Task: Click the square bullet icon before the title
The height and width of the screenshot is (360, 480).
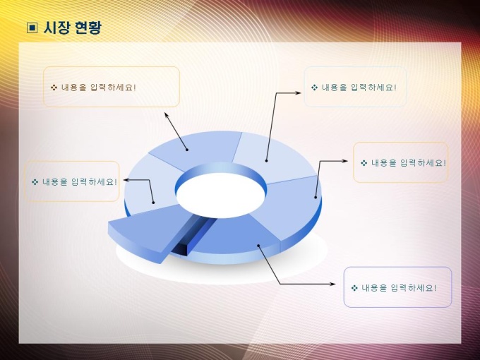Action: (x=32, y=28)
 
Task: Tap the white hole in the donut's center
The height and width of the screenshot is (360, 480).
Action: (x=220, y=196)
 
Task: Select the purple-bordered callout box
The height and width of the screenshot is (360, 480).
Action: (x=397, y=287)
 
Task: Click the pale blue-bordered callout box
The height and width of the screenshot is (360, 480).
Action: (x=355, y=87)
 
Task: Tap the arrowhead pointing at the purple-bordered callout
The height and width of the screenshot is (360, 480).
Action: (x=332, y=284)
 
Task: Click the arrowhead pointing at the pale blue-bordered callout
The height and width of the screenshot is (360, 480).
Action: (x=298, y=92)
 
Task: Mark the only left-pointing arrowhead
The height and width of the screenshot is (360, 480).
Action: (x=126, y=180)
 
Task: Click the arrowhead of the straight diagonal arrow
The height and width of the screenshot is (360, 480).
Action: (x=167, y=115)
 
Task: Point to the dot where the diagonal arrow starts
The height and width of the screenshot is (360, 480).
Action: (x=187, y=150)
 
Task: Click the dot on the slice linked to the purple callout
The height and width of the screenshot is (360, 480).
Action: (x=258, y=246)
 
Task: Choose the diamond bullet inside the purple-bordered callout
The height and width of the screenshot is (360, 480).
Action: (x=354, y=288)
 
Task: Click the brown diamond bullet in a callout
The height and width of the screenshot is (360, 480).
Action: (x=54, y=88)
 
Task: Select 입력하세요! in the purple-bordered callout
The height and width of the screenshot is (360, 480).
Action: (x=414, y=288)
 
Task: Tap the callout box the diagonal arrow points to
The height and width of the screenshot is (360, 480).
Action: (x=111, y=87)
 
